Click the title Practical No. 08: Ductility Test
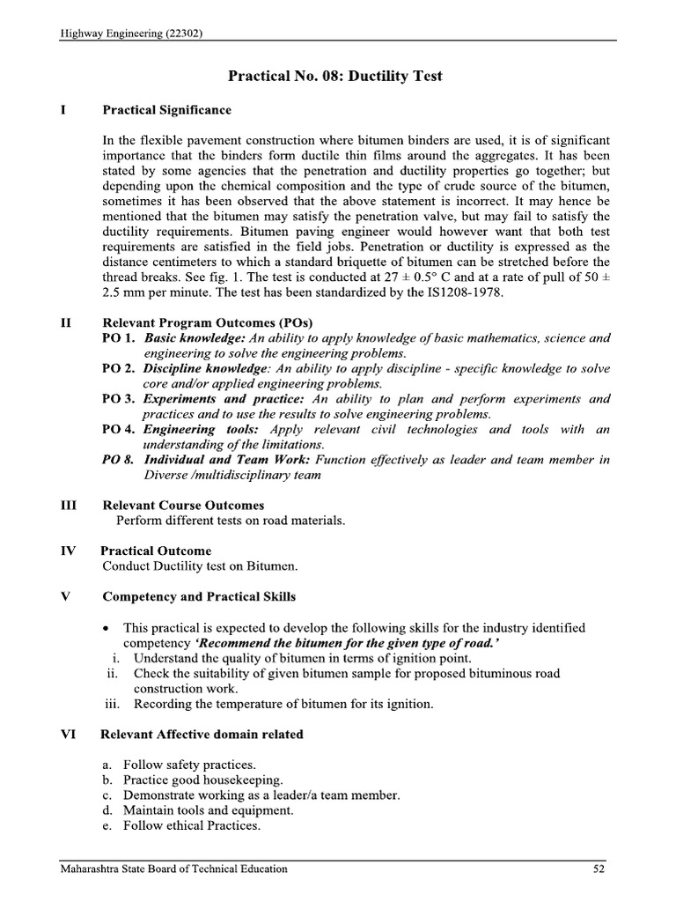[x=335, y=76]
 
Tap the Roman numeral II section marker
[x=65, y=322]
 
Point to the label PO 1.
[x=119, y=338]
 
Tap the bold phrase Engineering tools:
[x=202, y=429]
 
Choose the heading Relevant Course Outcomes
[x=183, y=506]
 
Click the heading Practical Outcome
[x=156, y=551]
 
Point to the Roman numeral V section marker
[x=64, y=596]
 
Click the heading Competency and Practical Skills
[x=199, y=596]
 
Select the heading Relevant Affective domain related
[x=202, y=734]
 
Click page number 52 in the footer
[x=598, y=869]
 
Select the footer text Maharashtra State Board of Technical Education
[x=173, y=869]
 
